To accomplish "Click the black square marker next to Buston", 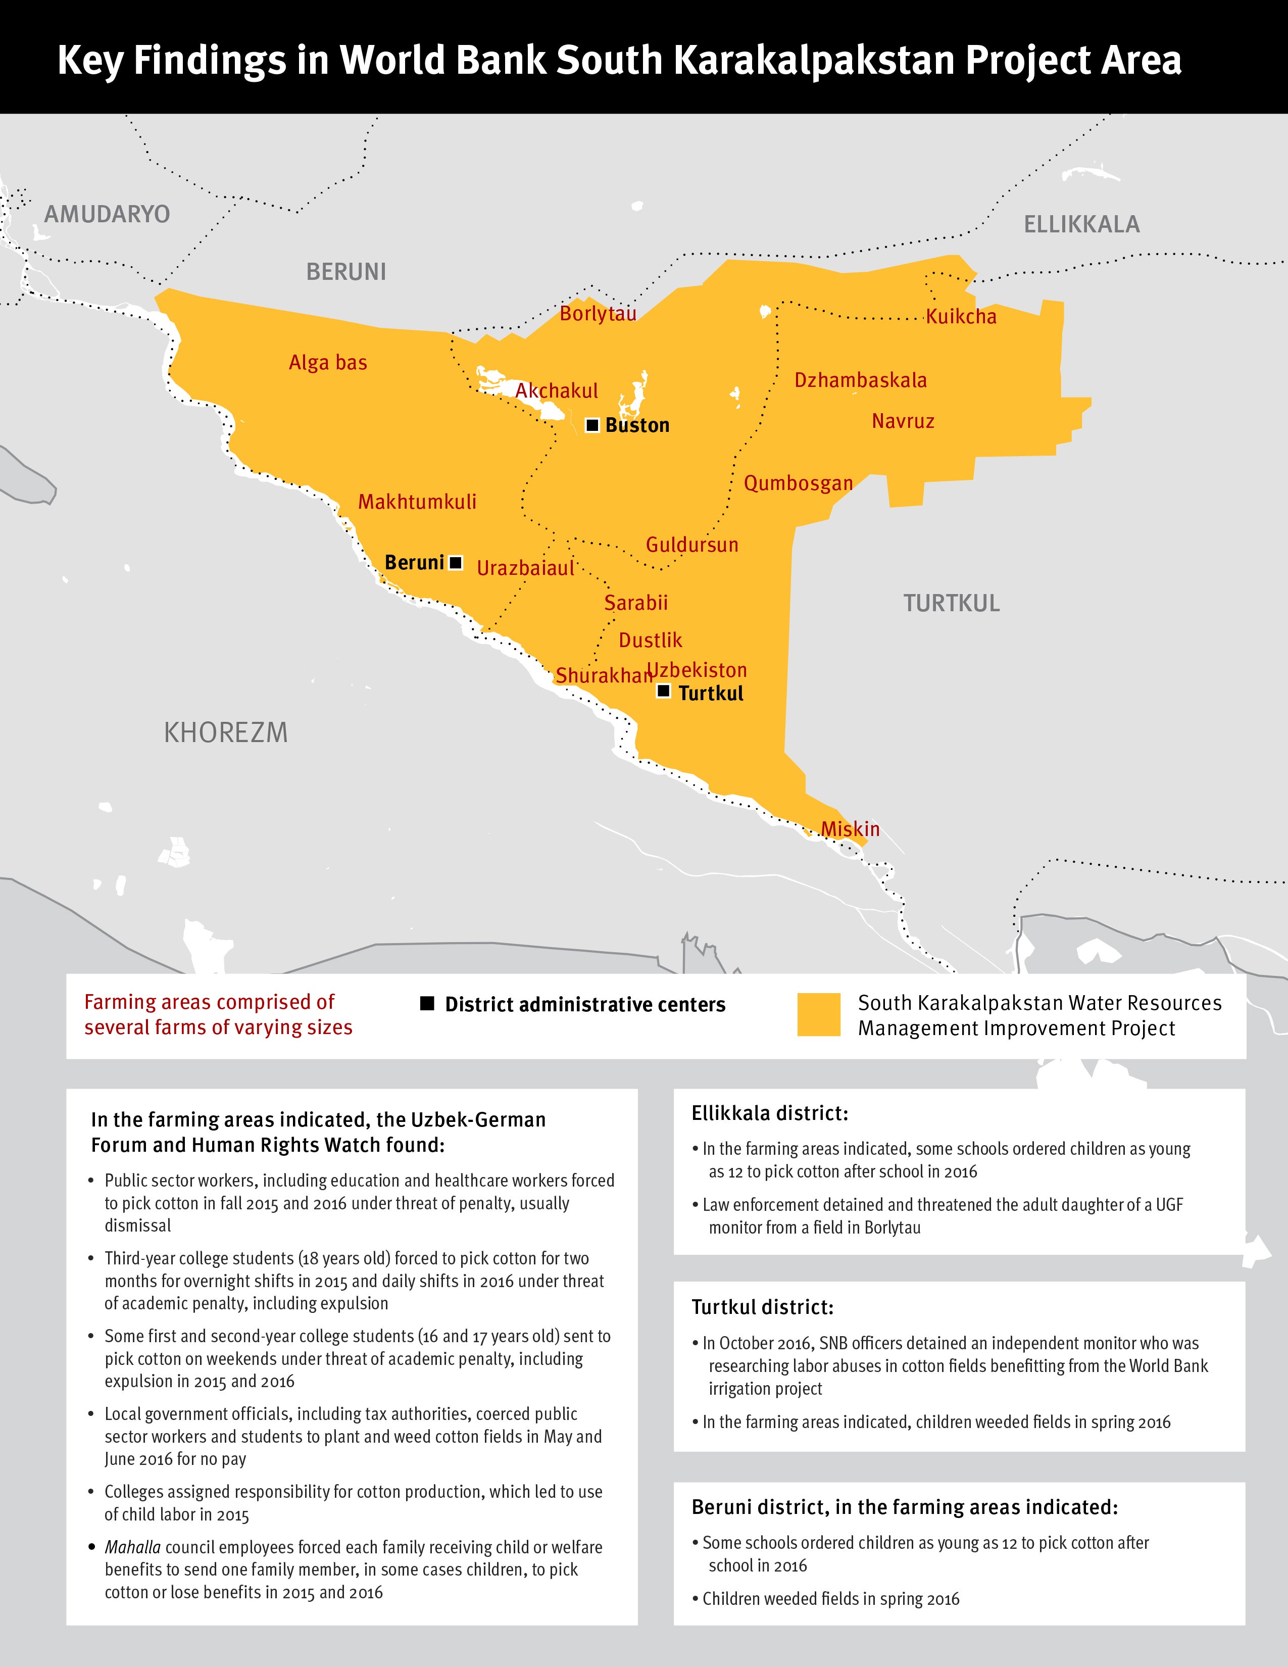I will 592,425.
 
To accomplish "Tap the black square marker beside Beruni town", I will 456,563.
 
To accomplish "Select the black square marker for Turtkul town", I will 664,691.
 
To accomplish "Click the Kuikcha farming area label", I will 961,316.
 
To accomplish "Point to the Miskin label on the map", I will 850,829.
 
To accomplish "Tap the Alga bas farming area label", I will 328,363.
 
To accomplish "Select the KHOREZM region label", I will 226,733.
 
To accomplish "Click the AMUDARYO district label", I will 107,214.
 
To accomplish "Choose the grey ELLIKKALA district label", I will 1081,224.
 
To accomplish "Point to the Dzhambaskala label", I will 860,380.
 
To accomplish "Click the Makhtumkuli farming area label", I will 417,502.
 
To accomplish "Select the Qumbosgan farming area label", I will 798,483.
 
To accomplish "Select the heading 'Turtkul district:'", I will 762,1307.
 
